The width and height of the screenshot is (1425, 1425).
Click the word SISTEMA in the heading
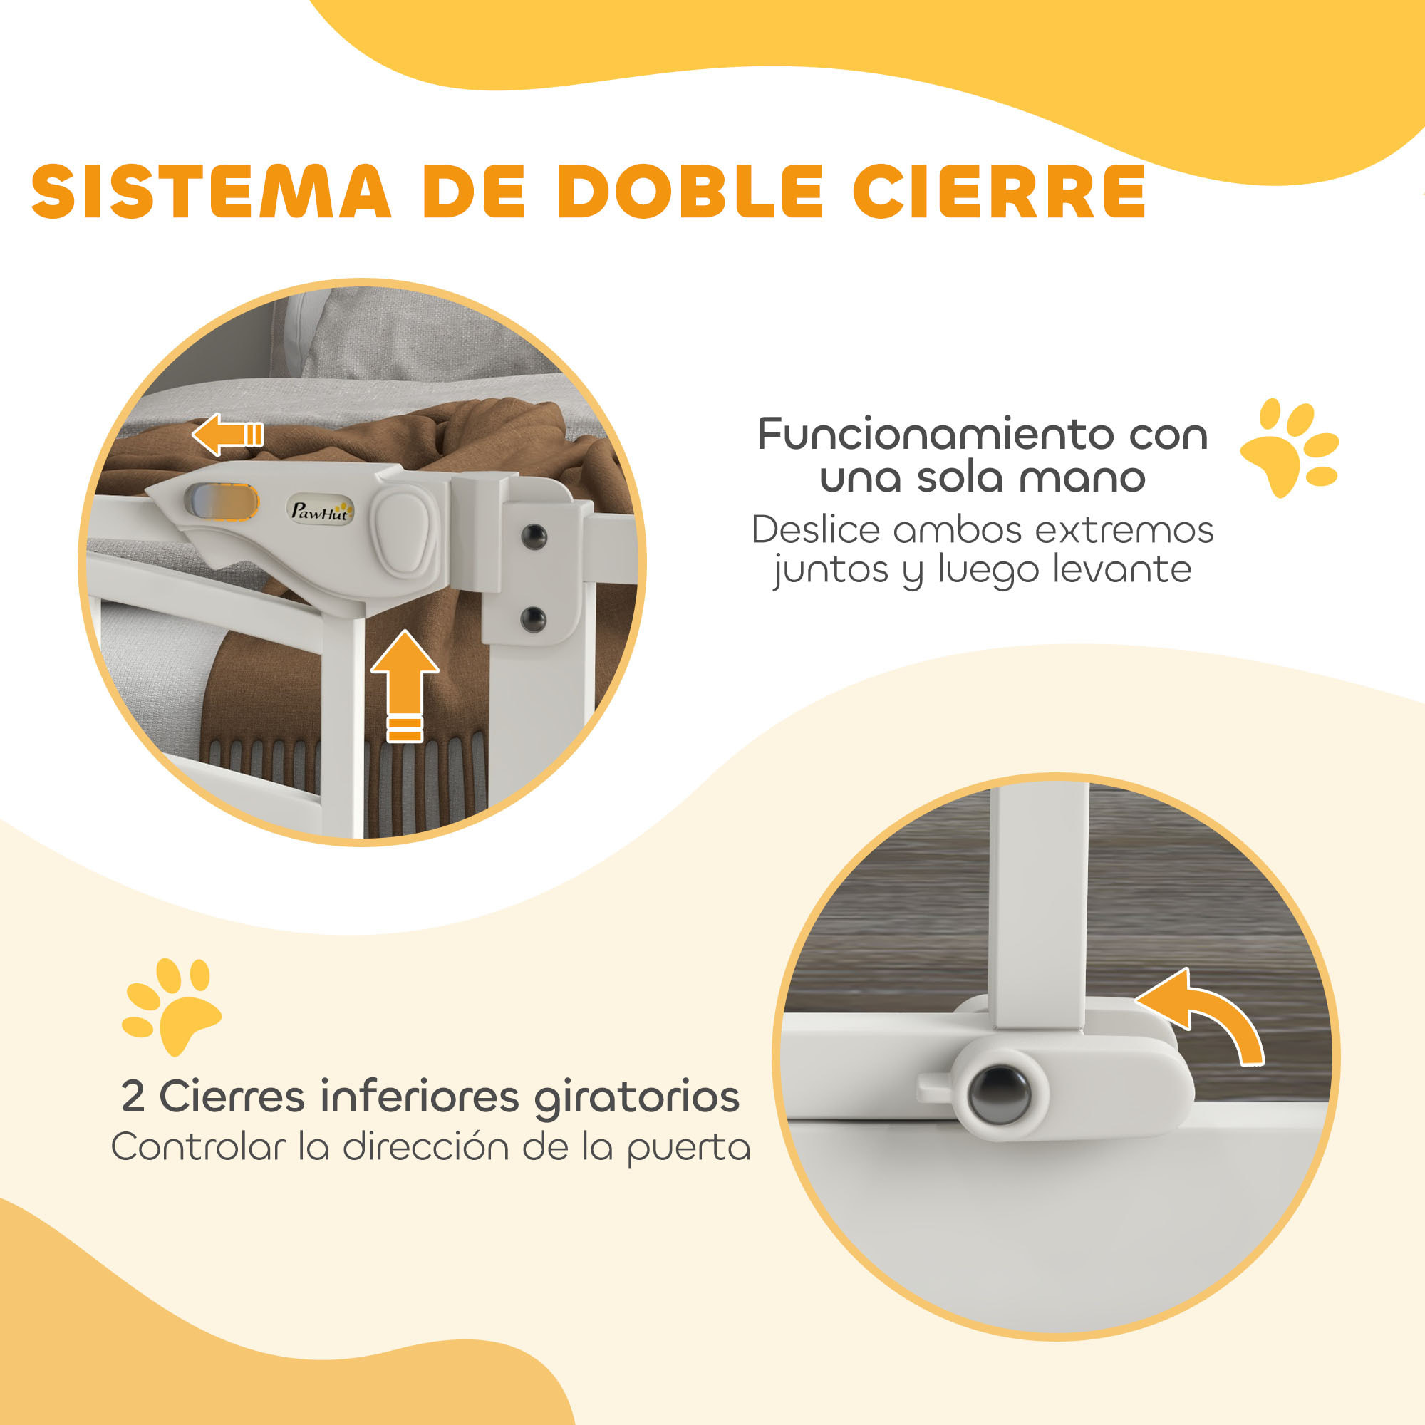click(211, 192)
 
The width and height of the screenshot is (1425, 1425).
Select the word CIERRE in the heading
click(999, 192)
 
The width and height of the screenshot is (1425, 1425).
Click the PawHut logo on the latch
click(319, 510)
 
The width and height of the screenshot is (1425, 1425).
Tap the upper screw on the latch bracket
click(533, 537)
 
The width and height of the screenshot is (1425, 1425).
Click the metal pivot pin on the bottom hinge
click(999, 1093)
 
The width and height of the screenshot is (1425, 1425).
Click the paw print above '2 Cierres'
click(172, 1005)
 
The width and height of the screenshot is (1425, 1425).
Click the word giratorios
click(636, 1097)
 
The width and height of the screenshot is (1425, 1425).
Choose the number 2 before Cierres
click(133, 1097)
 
